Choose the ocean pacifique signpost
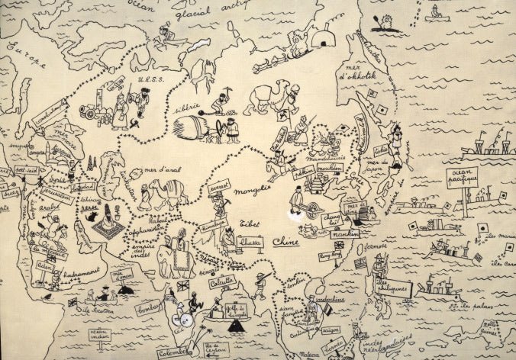pos(462,178)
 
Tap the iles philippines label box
pos(393,288)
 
